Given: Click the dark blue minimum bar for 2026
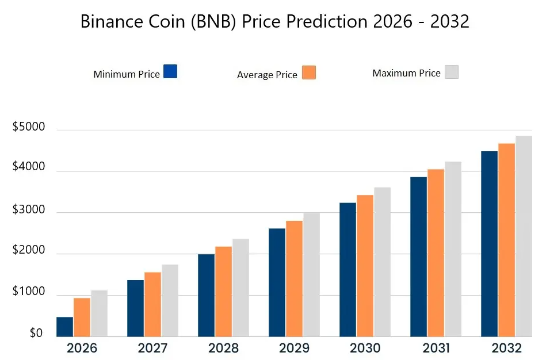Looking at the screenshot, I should click(x=64, y=327).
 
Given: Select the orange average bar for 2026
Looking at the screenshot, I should click(x=82, y=317).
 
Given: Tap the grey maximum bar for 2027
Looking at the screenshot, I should click(x=170, y=300).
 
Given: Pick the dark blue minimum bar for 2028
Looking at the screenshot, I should click(x=206, y=295).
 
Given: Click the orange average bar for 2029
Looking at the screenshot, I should click(x=294, y=278).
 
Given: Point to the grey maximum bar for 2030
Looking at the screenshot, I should click(x=383, y=262).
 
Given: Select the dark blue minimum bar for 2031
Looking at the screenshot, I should click(x=418, y=256).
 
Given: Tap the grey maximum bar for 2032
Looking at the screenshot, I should click(x=524, y=236).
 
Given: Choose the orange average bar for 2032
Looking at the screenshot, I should click(x=506, y=240).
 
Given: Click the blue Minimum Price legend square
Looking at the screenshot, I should click(x=170, y=71).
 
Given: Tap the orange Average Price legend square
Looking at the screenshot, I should click(x=309, y=72).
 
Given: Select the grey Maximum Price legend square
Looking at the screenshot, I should click(x=451, y=72).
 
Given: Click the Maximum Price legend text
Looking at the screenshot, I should click(x=406, y=74).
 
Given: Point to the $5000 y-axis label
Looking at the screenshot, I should click(x=28, y=128).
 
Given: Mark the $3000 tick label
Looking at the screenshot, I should click(x=28, y=210).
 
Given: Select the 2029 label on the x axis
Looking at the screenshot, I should click(x=294, y=348).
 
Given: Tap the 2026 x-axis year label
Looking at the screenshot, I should click(x=82, y=348).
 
